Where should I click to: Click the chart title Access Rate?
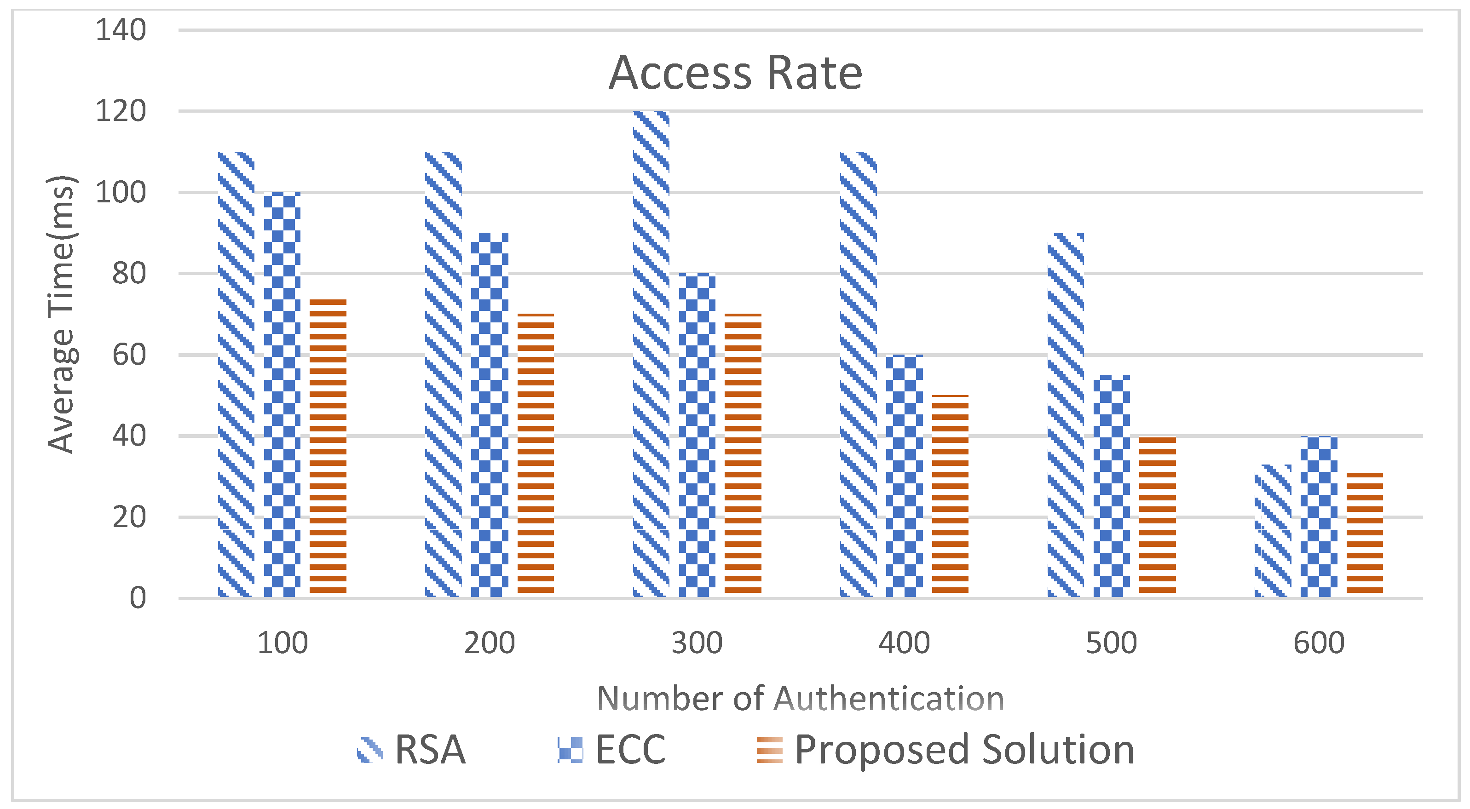click(735, 73)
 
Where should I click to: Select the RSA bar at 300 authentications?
click(651, 354)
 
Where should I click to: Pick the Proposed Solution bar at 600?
click(1365, 534)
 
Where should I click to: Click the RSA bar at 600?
click(1273, 531)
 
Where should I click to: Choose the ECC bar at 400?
click(904, 476)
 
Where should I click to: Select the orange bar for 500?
click(1157, 516)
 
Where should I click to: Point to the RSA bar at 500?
click(1066, 415)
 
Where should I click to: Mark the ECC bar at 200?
click(490, 415)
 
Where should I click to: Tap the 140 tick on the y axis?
click(121, 30)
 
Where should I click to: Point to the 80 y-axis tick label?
click(129, 273)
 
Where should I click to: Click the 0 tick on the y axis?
click(138, 598)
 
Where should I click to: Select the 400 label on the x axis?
click(904, 643)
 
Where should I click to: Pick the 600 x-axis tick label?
click(1319, 643)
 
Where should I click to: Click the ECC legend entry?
click(612, 749)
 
